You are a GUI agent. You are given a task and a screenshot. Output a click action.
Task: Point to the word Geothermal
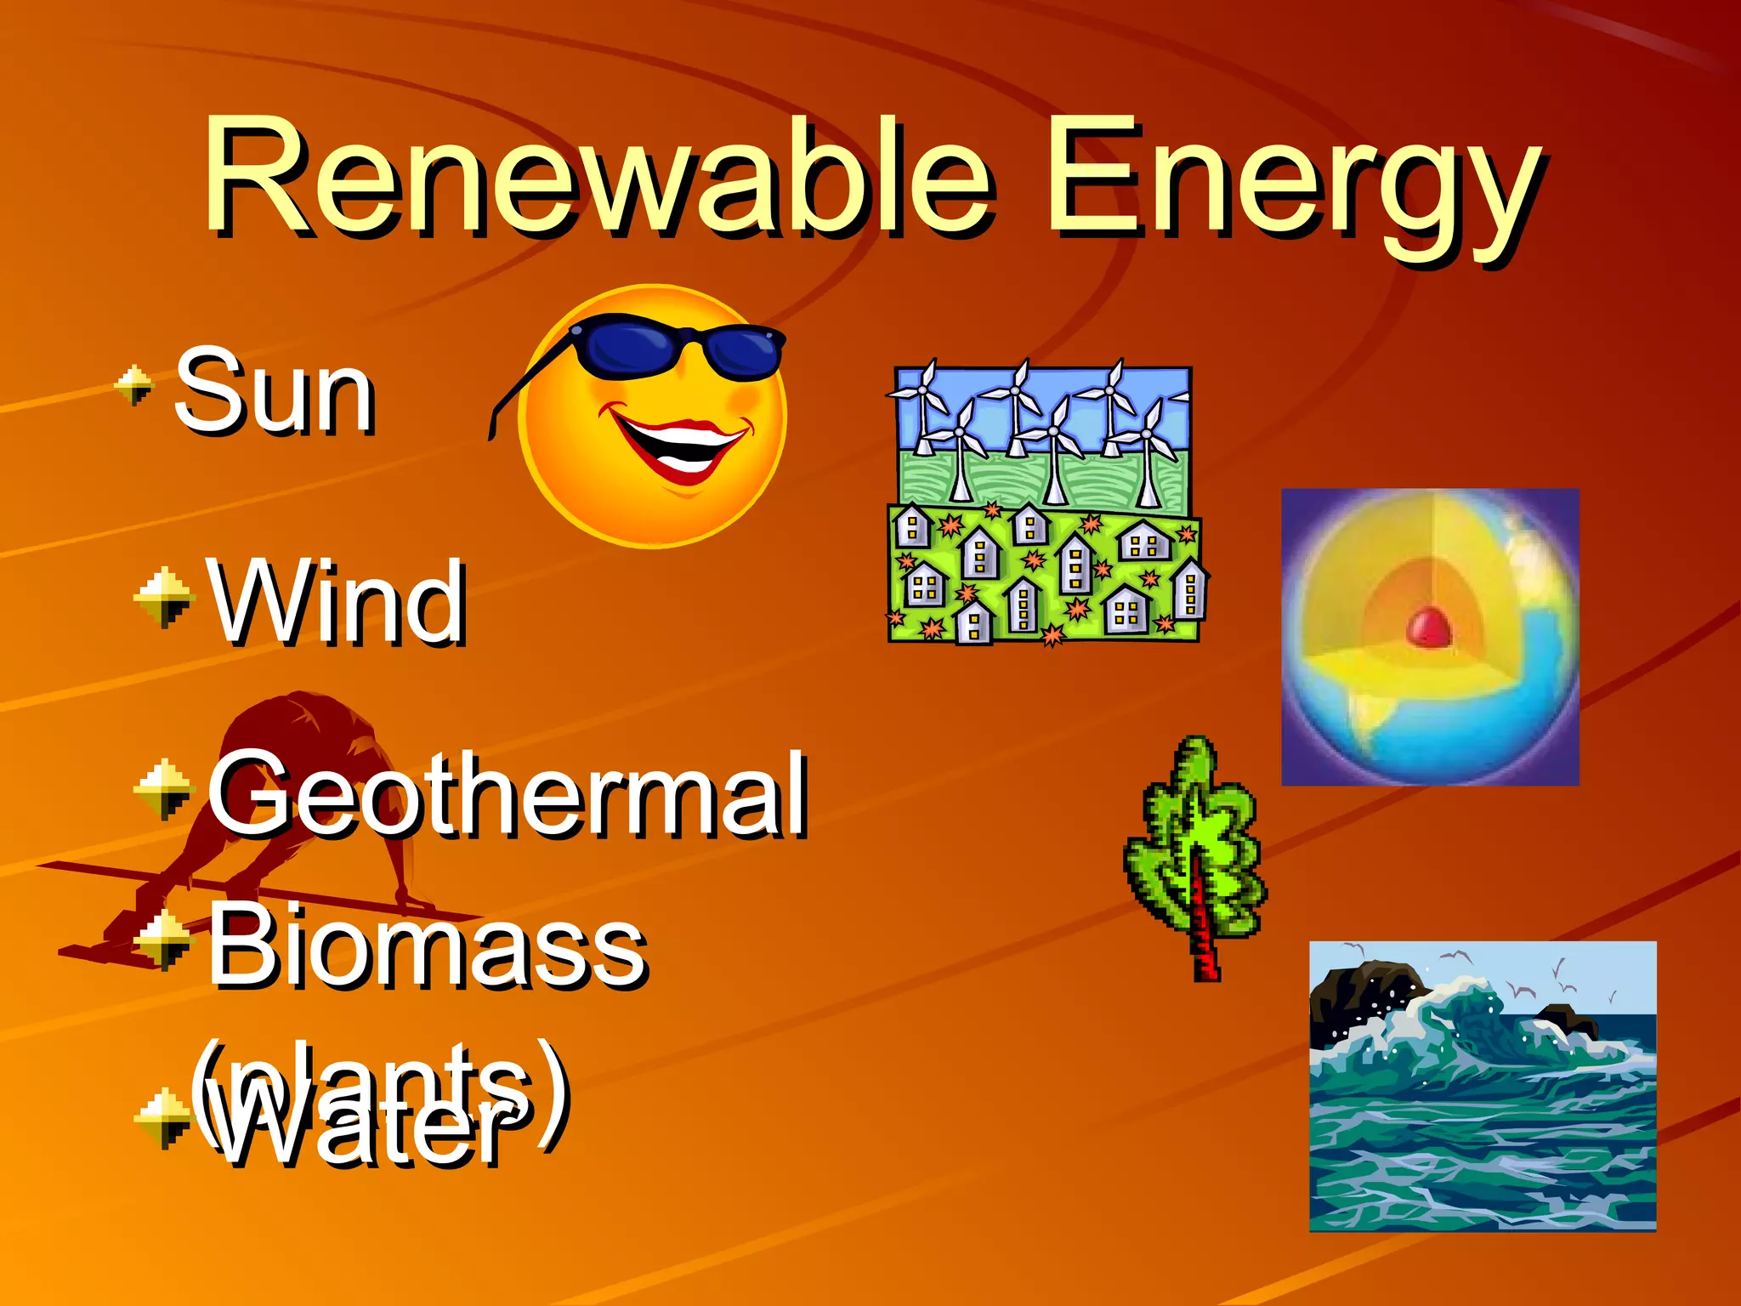(x=508, y=795)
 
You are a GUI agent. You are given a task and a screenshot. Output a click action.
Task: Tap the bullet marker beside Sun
(x=134, y=384)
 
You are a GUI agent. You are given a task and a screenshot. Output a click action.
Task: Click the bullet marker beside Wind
(x=163, y=597)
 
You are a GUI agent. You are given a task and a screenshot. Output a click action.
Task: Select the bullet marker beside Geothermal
(x=163, y=789)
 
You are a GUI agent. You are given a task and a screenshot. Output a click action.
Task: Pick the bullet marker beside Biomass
(x=163, y=940)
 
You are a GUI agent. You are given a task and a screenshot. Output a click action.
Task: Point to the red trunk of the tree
(x=1202, y=927)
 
